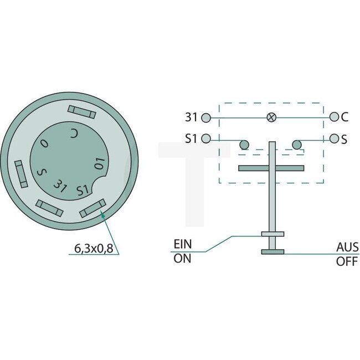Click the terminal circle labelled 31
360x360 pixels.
pos(207,117)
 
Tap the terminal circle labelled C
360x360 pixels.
pos(333,117)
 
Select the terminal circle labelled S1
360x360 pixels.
pos(207,138)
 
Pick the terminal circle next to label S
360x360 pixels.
pos(333,138)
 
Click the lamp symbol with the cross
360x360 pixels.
pos(271,117)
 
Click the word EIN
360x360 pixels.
pos(183,243)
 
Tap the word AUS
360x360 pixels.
pos(347,247)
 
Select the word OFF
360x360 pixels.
pos(347,261)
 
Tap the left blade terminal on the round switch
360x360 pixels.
pos(20,173)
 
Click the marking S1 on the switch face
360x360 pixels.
pos(83,190)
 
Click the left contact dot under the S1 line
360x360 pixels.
pos(243,145)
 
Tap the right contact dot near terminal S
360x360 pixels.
pos(296,145)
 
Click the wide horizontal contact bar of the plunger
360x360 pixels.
pos(271,167)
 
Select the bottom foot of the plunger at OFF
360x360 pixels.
pos(272,252)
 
